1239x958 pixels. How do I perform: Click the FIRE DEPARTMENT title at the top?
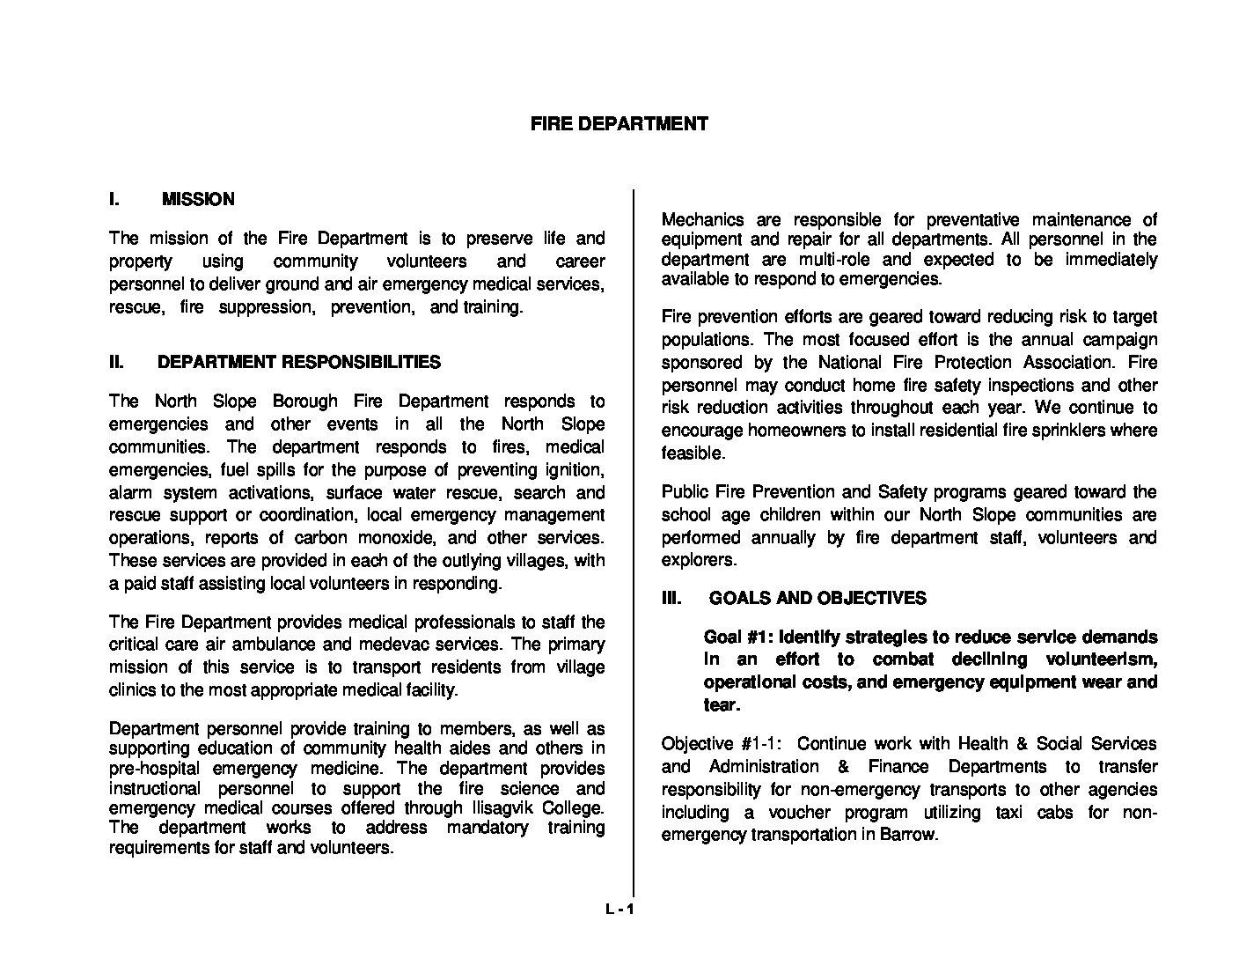pyautogui.click(x=619, y=124)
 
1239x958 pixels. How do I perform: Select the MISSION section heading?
pyautogui.click(x=198, y=200)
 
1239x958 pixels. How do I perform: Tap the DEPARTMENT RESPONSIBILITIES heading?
pyautogui.click(x=299, y=362)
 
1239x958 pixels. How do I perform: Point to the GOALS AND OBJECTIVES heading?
pyautogui.click(x=817, y=599)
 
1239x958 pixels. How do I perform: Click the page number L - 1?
pyautogui.click(x=619, y=910)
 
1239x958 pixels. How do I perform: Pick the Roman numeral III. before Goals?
pyautogui.click(x=671, y=599)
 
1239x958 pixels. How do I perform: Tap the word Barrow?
pyautogui.click(x=908, y=835)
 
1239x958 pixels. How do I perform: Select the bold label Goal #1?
pyautogui.click(x=737, y=637)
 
